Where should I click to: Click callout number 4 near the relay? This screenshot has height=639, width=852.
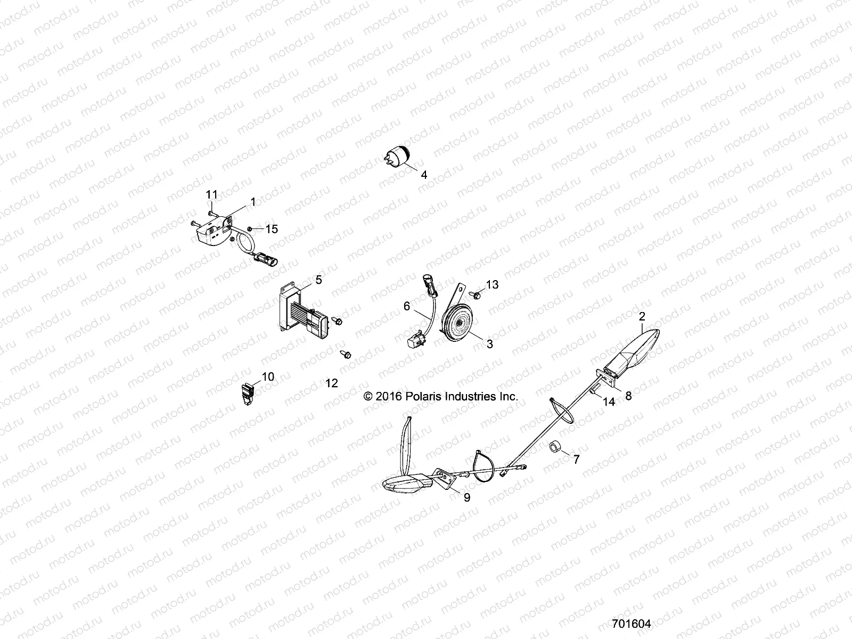coord(424,175)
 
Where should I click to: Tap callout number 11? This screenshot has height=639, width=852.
coord(212,195)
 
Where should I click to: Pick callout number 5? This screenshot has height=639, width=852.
coord(318,279)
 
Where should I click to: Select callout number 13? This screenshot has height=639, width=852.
coord(492,284)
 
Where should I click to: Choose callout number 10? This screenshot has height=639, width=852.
coord(268,377)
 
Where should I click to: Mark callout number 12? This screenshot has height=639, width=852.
coord(332,383)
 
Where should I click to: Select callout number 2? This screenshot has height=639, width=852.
coord(642,316)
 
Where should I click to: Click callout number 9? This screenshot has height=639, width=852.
coord(467,498)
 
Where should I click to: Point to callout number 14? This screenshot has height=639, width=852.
coord(609,403)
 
